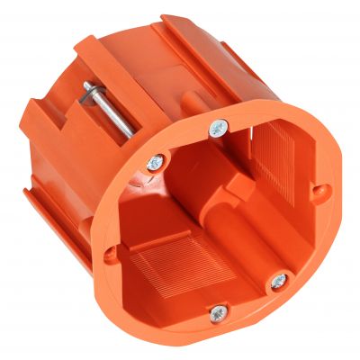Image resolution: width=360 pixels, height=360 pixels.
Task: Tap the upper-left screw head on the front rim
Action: pos(156,163)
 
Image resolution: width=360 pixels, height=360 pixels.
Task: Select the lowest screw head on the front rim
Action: pos(217,313)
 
